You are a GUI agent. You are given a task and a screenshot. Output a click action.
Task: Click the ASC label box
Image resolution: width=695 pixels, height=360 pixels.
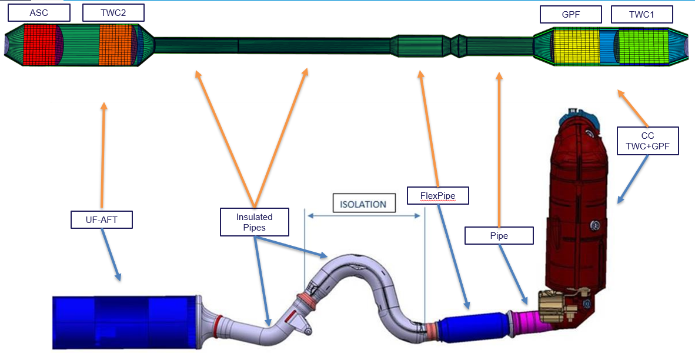[39, 12]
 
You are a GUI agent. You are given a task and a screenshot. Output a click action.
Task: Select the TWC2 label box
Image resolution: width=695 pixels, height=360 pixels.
[113, 12]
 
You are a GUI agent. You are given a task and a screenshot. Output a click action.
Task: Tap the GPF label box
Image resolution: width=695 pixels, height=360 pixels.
[570, 14]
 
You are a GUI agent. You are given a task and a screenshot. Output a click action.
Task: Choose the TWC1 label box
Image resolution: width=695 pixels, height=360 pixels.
[640, 14]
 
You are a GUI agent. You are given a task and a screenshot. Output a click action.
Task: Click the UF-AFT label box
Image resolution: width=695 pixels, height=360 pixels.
[101, 219]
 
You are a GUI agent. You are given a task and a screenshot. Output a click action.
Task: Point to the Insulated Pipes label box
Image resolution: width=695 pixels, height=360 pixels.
[255, 222]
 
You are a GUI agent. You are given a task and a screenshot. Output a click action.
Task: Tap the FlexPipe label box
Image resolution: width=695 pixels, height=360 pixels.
[437, 195]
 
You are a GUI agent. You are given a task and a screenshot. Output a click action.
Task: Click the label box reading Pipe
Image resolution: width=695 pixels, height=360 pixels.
[499, 236]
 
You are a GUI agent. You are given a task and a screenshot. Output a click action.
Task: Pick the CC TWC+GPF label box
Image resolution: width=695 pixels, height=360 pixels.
[647, 141]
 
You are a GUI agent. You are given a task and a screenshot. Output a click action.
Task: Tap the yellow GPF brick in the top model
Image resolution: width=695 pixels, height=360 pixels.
[576, 46]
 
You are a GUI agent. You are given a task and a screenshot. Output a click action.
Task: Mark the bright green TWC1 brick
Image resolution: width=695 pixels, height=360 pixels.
[643, 46]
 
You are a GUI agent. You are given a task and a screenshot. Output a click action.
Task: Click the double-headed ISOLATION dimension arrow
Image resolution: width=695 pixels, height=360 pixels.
[364, 216]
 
